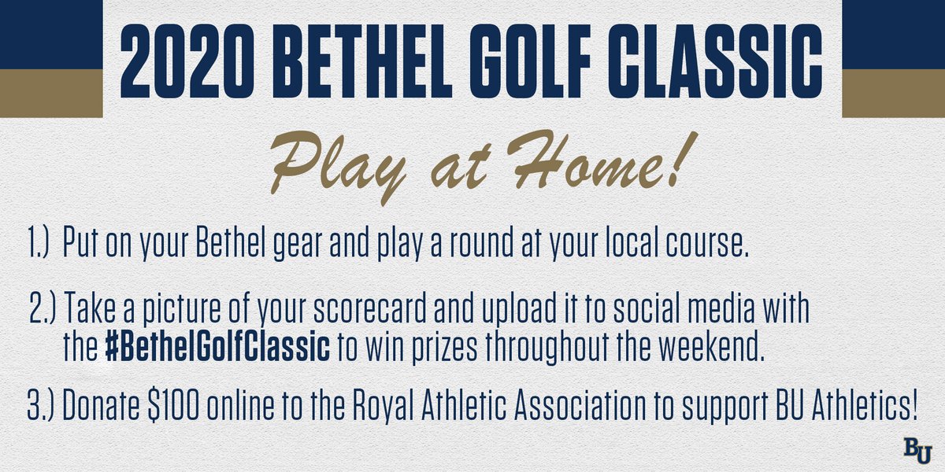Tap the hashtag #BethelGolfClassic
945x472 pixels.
(217, 348)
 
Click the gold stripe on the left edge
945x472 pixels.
(50, 92)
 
